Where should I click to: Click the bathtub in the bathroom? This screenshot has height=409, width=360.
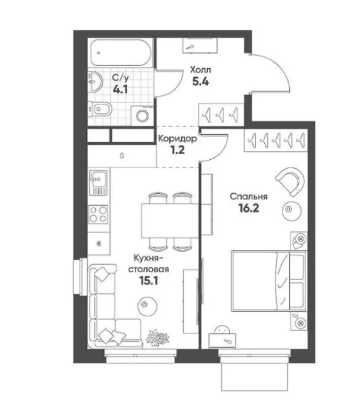coord(121,52)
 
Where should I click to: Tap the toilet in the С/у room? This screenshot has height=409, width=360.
coord(100,109)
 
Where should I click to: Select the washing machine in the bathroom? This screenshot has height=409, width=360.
coord(142,115)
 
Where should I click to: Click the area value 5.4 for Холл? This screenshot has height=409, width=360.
coord(200,81)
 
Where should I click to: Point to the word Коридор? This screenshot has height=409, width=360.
coord(177,138)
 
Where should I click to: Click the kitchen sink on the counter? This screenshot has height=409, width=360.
coord(99,183)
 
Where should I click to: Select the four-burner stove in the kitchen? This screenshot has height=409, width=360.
coord(99,215)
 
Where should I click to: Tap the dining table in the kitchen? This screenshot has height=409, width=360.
coord(170,220)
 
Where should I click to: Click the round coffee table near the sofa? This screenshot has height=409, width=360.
coord(147,306)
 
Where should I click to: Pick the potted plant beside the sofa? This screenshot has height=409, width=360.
coord(158,337)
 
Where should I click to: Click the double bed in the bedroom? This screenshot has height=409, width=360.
coord(269,281)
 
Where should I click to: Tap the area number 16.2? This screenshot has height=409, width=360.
coord(248,208)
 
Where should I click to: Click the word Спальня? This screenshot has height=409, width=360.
coord(249,197)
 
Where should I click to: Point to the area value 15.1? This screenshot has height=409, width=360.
coord(149,281)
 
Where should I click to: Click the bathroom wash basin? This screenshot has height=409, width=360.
coord(95,81)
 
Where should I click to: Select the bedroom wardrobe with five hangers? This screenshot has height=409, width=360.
coord(276,140)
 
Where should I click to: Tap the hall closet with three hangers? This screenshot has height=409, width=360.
coord(221,114)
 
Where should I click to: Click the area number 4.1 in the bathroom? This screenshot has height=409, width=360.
coord(120,89)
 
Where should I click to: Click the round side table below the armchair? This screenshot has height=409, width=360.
coord(291,211)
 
